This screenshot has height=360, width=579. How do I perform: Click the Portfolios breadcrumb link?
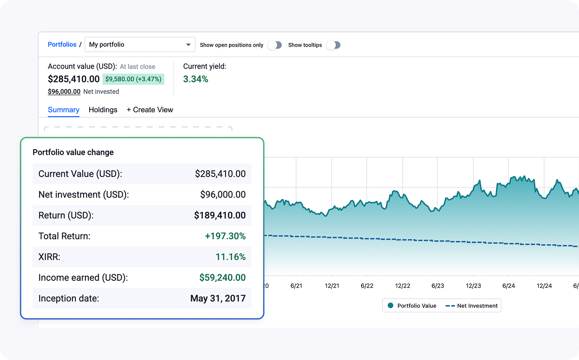pos(62,45)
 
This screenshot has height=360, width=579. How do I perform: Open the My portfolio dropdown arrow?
pos(188,45)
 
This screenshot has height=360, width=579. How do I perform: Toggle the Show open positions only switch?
pos(275,45)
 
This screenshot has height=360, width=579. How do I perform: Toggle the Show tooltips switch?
pos(333,45)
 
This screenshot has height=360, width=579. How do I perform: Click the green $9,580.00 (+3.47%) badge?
pos(133,79)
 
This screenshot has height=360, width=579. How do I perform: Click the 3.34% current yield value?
pos(196,79)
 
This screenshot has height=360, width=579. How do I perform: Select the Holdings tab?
pos(103,110)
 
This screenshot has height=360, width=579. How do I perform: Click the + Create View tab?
pos(150,110)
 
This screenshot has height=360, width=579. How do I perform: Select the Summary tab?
pos(63,110)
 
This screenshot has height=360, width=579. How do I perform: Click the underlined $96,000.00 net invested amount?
pos(64,92)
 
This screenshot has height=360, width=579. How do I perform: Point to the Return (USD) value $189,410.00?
pos(220,215)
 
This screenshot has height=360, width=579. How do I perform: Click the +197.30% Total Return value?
pos(226,236)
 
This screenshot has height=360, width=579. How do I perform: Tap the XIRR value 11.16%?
pos(230,257)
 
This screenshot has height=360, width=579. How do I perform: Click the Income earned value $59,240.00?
pos(222,277)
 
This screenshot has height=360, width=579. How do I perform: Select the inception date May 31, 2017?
pos(218,298)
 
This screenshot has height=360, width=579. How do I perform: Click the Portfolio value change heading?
pos(73,152)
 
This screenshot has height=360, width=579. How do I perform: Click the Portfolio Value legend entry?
pos(412,306)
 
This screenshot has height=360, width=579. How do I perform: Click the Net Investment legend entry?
pos(472,306)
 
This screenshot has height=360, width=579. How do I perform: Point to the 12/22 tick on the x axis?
pos(402,286)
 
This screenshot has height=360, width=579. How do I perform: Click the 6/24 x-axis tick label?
pos(508,286)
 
